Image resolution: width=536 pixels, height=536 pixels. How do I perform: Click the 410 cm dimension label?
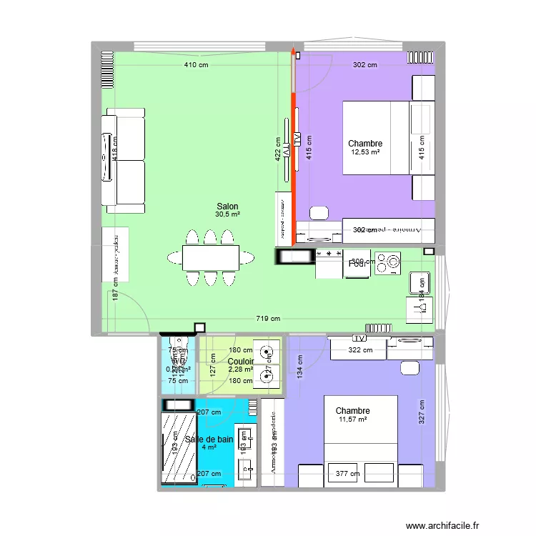point(194,65)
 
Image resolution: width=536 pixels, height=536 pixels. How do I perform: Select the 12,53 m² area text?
point(365,152)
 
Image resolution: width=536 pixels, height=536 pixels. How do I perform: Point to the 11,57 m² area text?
point(352,420)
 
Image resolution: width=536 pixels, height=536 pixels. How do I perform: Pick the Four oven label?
point(357,264)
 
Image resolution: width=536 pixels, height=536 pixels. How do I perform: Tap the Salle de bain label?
point(209,440)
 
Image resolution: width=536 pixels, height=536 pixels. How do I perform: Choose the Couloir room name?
point(240,362)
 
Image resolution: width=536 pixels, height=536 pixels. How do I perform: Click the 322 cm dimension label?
point(360,350)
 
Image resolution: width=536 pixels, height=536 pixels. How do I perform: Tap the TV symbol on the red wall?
point(295,138)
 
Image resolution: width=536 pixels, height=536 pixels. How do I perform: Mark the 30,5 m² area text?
point(228,214)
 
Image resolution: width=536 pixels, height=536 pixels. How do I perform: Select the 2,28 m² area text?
point(240,369)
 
